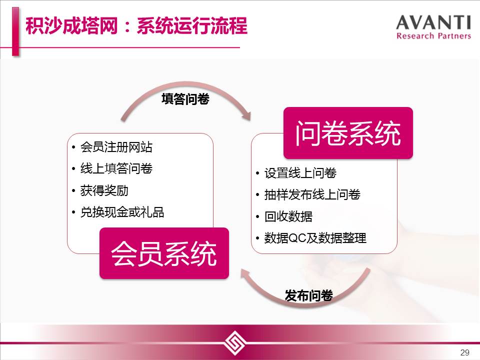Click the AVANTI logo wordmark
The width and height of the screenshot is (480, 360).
point(433,22)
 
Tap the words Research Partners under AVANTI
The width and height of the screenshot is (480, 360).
point(433,36)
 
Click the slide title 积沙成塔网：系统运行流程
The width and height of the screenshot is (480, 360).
point(136,25)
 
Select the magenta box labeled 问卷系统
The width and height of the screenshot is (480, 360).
point(348,133)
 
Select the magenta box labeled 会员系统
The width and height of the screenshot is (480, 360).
point(164,253)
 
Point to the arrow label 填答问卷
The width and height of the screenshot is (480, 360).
point(185,99)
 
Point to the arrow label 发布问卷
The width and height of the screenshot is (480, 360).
point(309,295)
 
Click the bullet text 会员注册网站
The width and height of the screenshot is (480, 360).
point(116,147)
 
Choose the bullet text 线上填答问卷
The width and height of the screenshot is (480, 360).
point(116,168)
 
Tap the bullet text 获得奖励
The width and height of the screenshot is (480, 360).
point(104,190)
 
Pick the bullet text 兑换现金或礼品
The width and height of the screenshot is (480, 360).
point(122,212)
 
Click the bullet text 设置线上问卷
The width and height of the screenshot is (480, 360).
point(300,173)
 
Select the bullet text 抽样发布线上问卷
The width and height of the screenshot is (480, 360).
point(312,194)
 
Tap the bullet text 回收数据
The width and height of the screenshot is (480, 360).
point(288,216)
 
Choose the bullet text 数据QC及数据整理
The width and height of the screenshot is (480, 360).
point(315,238)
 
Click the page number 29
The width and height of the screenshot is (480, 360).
point(464,352)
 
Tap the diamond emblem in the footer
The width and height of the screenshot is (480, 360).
point(235,342)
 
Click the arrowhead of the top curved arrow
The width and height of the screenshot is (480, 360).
point(246,115)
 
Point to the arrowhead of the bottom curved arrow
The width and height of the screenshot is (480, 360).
point(244,273)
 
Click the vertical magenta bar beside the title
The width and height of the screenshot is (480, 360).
point(15,31)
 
